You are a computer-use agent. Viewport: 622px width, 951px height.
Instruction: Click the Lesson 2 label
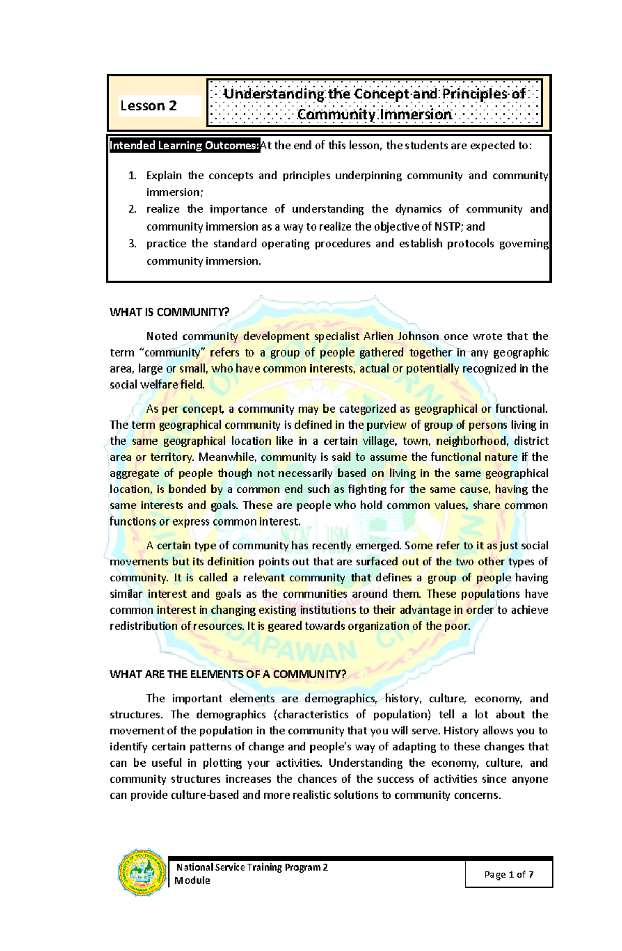tap(148, 106)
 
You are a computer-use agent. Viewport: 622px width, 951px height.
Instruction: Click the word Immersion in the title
tap(415, 115)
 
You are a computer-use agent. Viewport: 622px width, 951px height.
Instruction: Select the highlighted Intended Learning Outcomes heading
tap(184, 146)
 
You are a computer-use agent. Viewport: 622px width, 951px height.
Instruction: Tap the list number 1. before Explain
tap(132, 176)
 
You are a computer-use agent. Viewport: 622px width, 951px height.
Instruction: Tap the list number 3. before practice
tap(132, 244)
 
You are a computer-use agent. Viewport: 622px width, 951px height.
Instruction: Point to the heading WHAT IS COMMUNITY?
tap(169, 312)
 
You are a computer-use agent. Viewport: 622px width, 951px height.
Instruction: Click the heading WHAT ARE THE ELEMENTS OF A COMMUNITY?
tap(228, 674)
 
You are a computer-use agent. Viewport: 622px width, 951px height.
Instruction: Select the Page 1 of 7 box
tap(508, 874)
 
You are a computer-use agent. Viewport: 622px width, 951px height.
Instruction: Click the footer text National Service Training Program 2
tap(252, 867)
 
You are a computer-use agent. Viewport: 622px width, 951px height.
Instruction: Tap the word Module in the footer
tap(192, 881)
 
